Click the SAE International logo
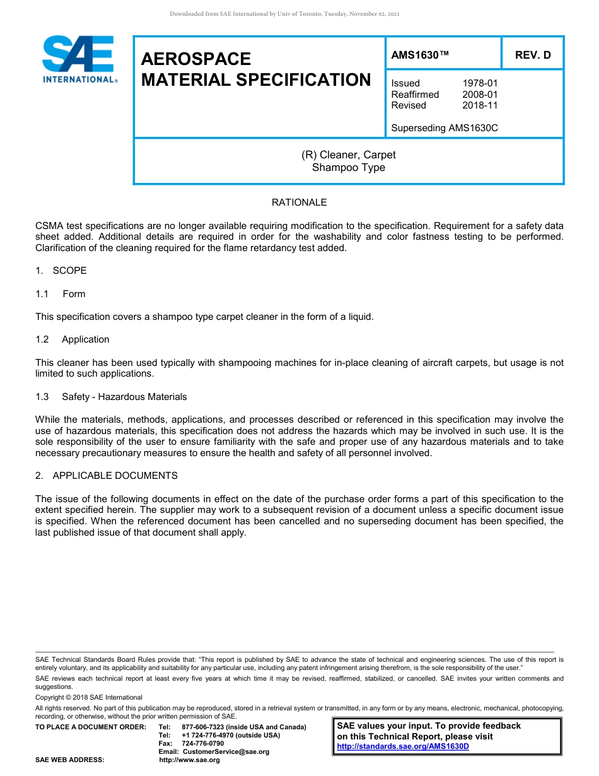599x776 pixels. point(78,59)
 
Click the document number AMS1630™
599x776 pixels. point(420,55)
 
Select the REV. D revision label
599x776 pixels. point(533,55)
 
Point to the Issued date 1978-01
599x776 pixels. point(480,83)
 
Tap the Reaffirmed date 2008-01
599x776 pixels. point(480,95)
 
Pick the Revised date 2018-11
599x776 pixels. point(480,105)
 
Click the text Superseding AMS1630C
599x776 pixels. point(445,128)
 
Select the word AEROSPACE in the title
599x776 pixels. point(196,59)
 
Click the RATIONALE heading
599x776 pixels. point(299,203)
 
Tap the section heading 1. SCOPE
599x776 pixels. point(61,271)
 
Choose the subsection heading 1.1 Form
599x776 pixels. point(61,294)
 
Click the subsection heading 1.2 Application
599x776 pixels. point(73,339)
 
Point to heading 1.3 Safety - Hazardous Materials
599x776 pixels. point(112,397)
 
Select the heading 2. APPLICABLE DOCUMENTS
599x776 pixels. point(107,476)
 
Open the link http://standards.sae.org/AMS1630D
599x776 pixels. point(403,746)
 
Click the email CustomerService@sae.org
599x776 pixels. point(226,751)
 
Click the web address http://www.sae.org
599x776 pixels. point(189,760)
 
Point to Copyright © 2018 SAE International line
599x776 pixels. point(89,697)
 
